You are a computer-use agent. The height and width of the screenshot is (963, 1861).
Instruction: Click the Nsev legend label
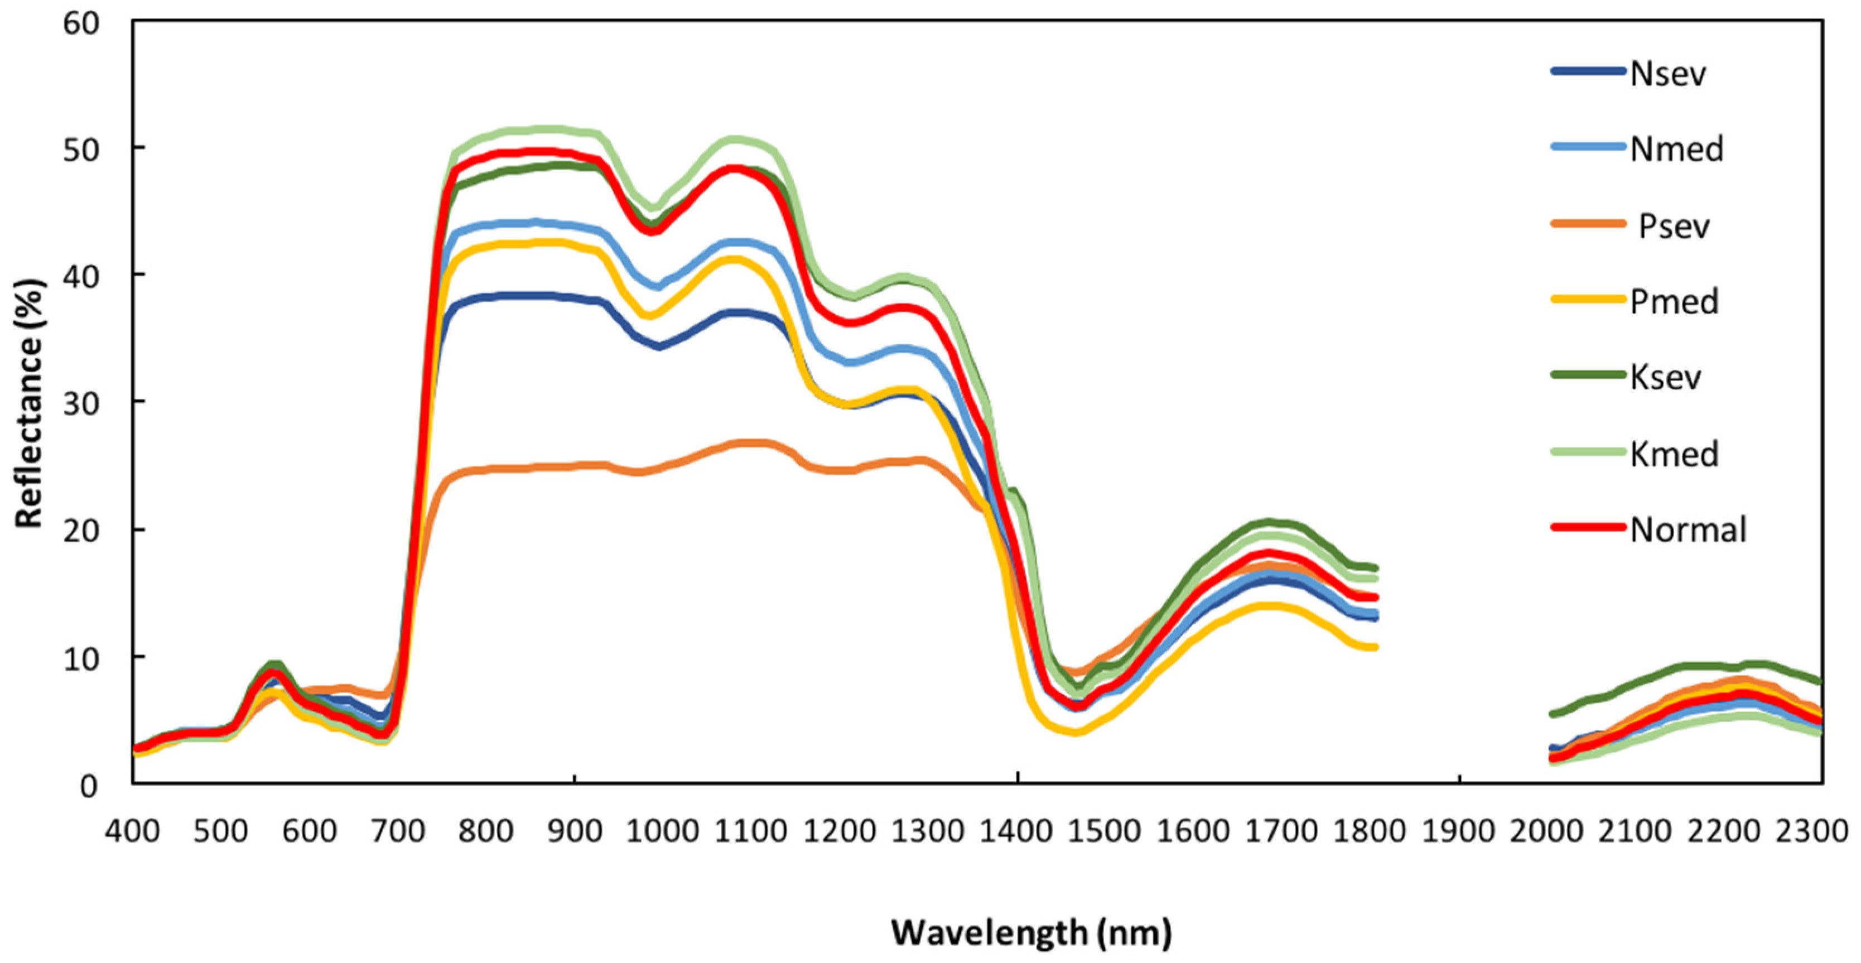(1667, 74)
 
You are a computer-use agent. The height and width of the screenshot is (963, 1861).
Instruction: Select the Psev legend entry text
(1673, 226)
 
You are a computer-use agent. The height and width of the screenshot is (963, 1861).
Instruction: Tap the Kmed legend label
(1673, 454)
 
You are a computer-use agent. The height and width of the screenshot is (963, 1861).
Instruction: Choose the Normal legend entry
(1688, 529)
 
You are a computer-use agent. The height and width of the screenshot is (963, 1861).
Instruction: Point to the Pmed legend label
(1673, 301)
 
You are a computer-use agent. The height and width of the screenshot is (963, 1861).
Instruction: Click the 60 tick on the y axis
(80, 23)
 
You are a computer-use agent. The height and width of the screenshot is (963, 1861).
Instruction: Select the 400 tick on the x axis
(132, 831)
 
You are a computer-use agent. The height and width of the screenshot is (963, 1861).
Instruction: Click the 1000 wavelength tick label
(663, 831)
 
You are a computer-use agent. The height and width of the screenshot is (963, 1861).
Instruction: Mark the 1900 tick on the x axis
(1459, 831)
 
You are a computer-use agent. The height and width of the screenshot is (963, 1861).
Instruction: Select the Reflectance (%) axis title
(30, 403)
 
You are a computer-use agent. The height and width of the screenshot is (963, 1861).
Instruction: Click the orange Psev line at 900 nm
(575, 466)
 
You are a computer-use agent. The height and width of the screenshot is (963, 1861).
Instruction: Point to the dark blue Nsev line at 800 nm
(486, 297)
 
